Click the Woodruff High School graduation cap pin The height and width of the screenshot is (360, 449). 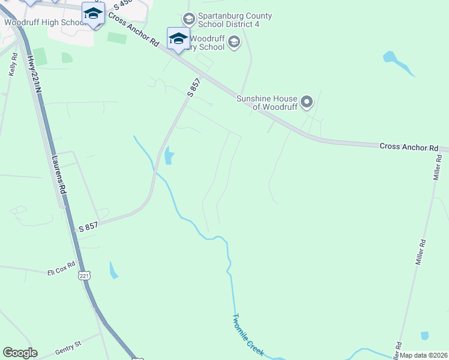point(94,14)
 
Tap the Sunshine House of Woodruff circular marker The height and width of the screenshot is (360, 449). point(307,102)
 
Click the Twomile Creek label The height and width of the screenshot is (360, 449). point(248,335)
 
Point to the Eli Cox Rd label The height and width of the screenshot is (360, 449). point(62,269)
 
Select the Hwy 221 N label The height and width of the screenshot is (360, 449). point(35,73)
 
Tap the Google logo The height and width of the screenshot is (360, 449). point(20,353)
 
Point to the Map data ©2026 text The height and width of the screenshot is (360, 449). point(424,355)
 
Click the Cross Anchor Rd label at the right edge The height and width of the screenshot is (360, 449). point(409,146)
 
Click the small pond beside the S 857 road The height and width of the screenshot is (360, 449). point(169,155)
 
